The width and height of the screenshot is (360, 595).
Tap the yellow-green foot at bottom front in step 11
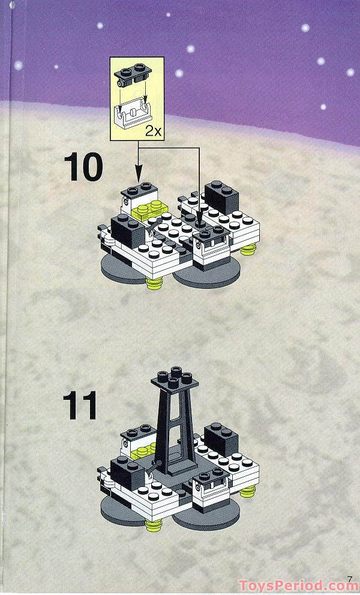[155, 527]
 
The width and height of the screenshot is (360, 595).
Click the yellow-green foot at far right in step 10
[248, 251]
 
